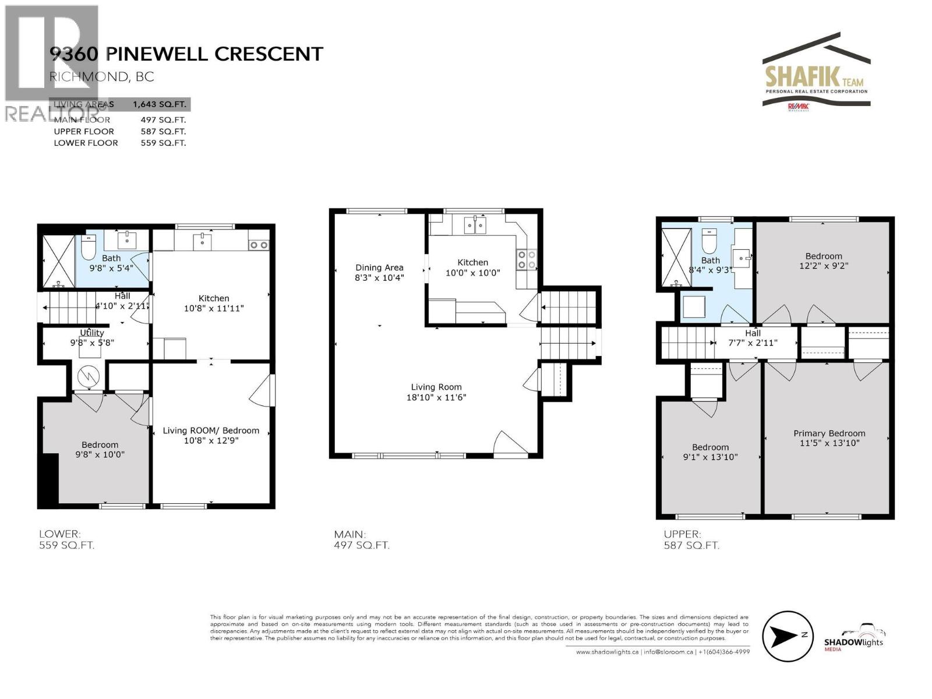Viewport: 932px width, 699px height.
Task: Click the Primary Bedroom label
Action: click(x=829, y=433)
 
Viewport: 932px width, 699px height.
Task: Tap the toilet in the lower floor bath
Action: click(x=88, y=249)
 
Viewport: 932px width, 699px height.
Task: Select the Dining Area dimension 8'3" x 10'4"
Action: click(x=379, y=278)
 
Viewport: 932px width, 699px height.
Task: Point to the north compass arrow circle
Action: click(x=787, y=636)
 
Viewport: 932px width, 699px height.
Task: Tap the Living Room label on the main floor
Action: click(x=436, y=387)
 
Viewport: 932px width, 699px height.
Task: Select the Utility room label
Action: click(x=92, y=333)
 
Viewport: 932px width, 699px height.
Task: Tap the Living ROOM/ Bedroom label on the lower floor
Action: click(x=210, y=430)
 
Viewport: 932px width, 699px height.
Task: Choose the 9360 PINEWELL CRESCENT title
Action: click(x=186, y=54)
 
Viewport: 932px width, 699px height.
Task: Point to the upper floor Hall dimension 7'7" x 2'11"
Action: click(x=753, y=343)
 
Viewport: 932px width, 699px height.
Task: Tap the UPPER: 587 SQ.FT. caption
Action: click(x=691, y=540)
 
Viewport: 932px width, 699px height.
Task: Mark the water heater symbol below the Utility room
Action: click(x=89, y=377)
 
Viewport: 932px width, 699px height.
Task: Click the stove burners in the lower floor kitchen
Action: click(x=258, y=245)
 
